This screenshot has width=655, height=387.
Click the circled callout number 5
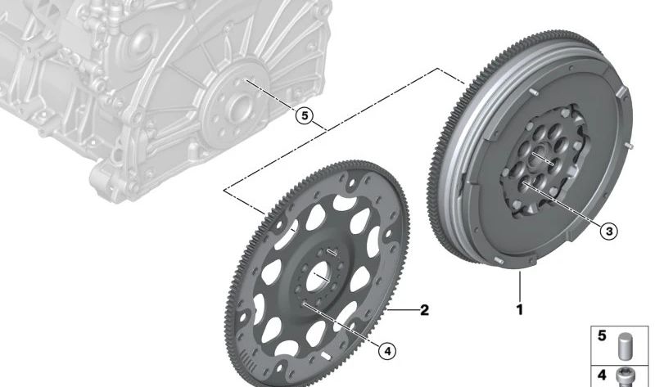(x=304, y=115)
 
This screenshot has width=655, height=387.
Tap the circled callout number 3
(x=609, y=231)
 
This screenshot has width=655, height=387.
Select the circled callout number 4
(x=387, y=351)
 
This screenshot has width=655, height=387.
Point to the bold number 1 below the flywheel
(x=520, y=310)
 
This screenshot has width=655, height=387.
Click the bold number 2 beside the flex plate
(x=424, y=310)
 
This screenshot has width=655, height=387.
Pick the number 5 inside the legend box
(x=602, y=335)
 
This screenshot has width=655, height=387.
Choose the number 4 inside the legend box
(x=602, y=375)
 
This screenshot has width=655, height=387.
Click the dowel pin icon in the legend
(x=626, y=345)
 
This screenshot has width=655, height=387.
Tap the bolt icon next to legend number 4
(x=625, y=377)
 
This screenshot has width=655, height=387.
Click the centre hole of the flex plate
(x=319, y=278)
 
